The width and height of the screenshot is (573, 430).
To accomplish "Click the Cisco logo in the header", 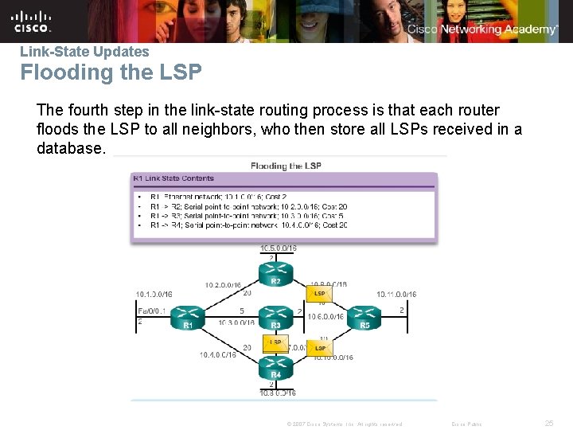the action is tap(32, 21).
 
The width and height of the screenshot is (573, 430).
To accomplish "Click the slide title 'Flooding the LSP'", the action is tap(111, 72).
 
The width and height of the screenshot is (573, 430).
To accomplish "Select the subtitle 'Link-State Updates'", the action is tap(84, 52).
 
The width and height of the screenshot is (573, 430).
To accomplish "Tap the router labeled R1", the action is tap(187, 316).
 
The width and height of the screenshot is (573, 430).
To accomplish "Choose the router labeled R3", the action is tap(275, 316).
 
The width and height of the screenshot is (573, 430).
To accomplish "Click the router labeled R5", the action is tap(364, 316).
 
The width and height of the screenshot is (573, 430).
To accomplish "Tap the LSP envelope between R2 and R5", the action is tap(320, 293).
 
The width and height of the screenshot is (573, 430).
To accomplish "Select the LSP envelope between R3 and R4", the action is tap(275, 342).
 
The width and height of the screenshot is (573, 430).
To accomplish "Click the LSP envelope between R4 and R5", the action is tap(320, 347).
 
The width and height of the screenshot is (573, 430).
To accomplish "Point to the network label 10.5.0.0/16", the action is tap(278, 248).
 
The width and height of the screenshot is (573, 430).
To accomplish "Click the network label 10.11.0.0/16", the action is tap(396, 295).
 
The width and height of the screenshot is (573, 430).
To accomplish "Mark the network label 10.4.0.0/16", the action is tap(217, 354).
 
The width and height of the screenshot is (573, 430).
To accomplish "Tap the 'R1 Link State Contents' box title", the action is tap(173, 178).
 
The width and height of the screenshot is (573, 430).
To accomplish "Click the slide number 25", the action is tap(548, 423).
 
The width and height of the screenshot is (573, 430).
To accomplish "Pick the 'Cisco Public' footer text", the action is tap(466, 424).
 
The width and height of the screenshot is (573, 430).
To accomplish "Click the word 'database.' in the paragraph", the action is tap(70, 148).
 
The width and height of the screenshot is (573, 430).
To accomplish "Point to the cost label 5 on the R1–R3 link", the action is tap(242, 311).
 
